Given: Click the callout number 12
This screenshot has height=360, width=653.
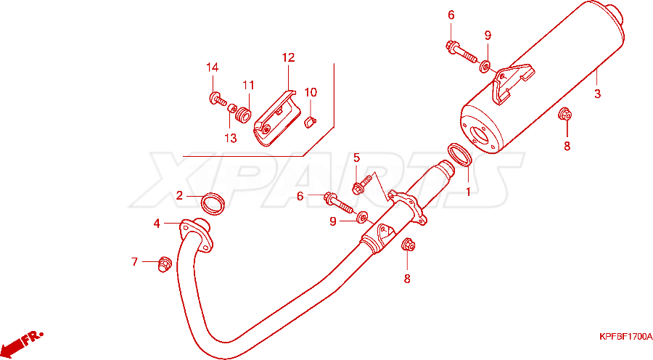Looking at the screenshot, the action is pos(288,57).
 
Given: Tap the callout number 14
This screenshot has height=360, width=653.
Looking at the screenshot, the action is pos(212,67).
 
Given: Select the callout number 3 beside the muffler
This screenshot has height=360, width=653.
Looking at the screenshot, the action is pos(598,94).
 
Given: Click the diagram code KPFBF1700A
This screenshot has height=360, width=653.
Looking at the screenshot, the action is pos(625,336).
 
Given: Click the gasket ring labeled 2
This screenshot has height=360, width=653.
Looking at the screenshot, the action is pos(213,204).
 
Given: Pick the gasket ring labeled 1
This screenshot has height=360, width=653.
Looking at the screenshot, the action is pos(459,155).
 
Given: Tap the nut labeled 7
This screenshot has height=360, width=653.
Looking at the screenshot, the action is pos(165,264).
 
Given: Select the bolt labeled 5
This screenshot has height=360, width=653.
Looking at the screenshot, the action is pos(362,185).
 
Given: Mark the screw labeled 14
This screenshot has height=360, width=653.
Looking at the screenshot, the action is pos(217,99).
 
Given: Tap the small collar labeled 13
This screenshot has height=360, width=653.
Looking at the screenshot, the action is pos(231,109).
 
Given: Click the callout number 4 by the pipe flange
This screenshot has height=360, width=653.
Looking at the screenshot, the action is pos(157,224).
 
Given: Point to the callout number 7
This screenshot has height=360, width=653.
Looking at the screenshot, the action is pos(134,262).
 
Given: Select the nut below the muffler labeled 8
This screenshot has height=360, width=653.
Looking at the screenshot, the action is pos(564,114).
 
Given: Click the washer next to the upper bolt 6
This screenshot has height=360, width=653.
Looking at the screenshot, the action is pos(485,66).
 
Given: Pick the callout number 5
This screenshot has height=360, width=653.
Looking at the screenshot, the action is pos(356,157).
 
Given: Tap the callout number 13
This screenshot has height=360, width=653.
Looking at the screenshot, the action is pos(231,138).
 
